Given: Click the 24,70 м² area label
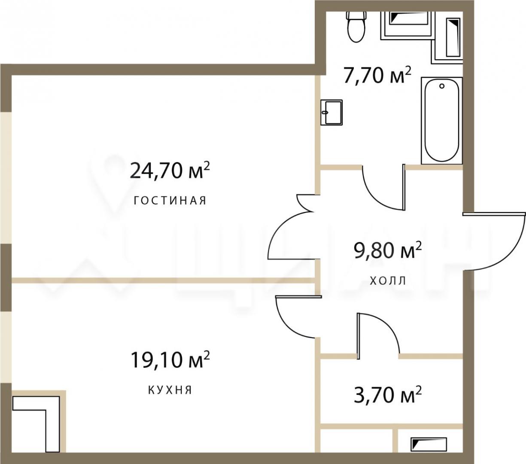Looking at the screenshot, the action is pos(170,171).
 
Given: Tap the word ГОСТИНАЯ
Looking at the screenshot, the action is pos(170,201).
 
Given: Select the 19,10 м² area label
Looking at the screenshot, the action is pos(170,360).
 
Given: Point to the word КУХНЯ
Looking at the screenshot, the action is pos(170,390).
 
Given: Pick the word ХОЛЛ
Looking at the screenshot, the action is pos(388,281).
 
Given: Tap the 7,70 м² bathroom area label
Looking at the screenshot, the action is pos(377,75).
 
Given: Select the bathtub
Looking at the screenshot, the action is pos(441,120).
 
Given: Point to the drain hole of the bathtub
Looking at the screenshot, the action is pos(442,86).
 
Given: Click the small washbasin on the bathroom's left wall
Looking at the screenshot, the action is pos(331,112).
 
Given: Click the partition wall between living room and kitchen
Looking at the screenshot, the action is pos(164,280).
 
